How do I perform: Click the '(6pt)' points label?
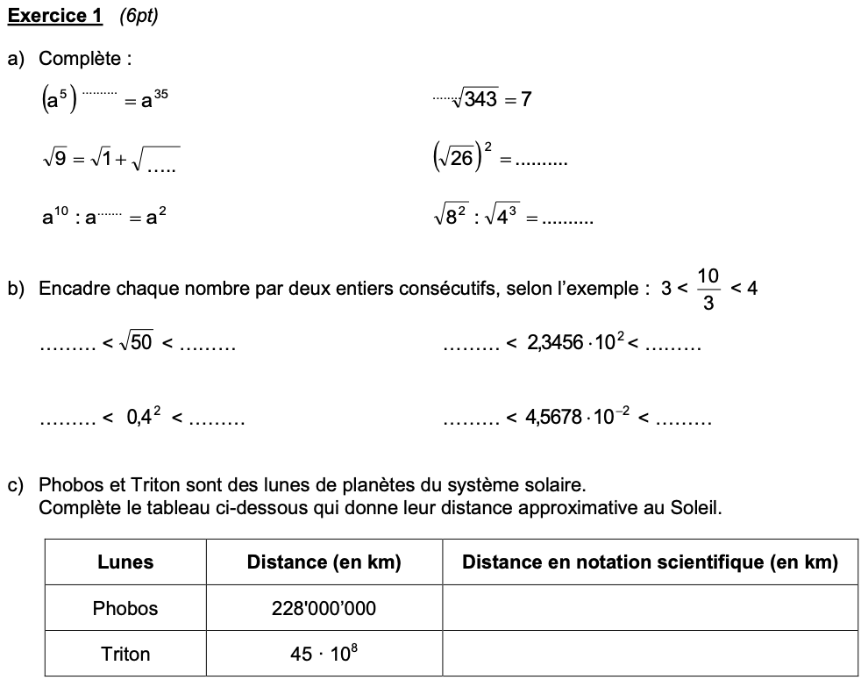pyautogui.click(x=138, y=16)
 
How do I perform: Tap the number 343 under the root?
pyautogui.click(x=481, y=99)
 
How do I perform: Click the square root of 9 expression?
pyautogui.click(x=53, y=161)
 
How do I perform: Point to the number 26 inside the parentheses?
pyautogui.click(x=462, y=161)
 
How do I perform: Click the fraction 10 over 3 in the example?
pyautogui.click(x=708, y=289)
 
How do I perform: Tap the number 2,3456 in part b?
pyautogui.click(x=555, y=344)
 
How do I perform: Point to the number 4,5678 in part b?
pyautogui.click(x=554, y=418)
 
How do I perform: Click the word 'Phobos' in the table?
pyautogui.click(x=125, y=608)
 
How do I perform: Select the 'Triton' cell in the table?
pyautogui.click(x=125, y=655)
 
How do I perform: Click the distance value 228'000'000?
pyautogui.click(x=324, y=608)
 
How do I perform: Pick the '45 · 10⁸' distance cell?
pyautogui.click(x=324, y=655)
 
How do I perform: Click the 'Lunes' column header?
pyautogui.click(x=125, y=562)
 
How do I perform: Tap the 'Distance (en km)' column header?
pyautogui.click(x=324, y=562)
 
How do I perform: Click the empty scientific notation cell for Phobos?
pyautogui.click(x=650, y=608)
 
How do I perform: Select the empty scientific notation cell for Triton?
pyautogui.click(x=650, y=655)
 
